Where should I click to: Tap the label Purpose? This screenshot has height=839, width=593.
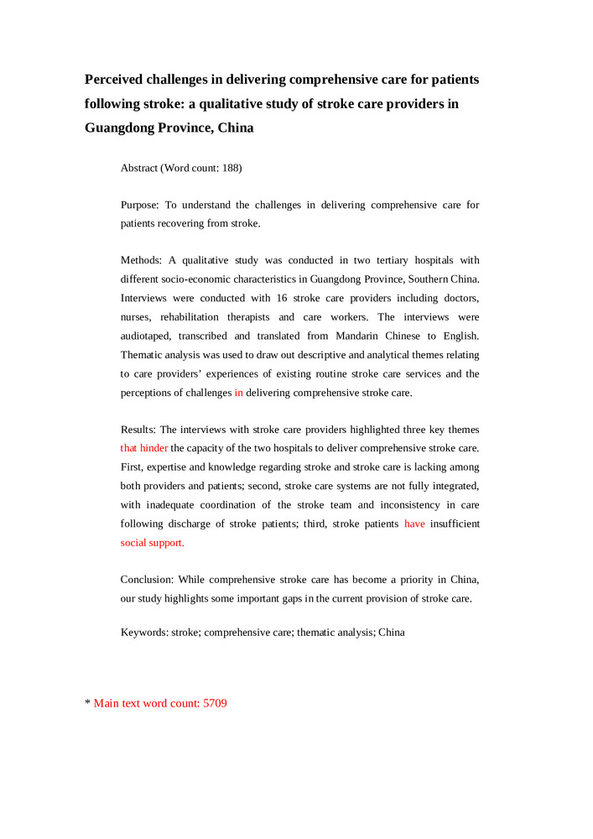pyautogui.click(x=140, y=205)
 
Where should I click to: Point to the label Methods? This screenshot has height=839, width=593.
pyautogui.click(x=142, y=260)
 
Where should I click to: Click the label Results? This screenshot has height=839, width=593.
pyautogui.click(x=139, y=430)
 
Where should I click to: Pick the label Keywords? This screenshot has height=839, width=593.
pyautogui.click(x=144, y=633)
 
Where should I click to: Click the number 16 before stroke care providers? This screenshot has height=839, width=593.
pyautogui.click(x=282, y=299)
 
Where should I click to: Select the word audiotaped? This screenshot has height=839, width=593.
pyautogui.click(x=147, y=336)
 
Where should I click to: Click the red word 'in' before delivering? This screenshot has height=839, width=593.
pyautogui.click(x=238, y=393)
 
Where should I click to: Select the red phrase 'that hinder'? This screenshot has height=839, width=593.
pyautogui.click(x=143, y=448)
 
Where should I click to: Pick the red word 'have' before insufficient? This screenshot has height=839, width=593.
pyautogui.click(x=414, y=524)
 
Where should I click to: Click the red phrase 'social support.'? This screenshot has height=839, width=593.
pyautogui.click(x=152, y=543)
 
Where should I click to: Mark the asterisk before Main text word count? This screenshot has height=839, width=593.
pyautogui.click(x=87, y=703)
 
